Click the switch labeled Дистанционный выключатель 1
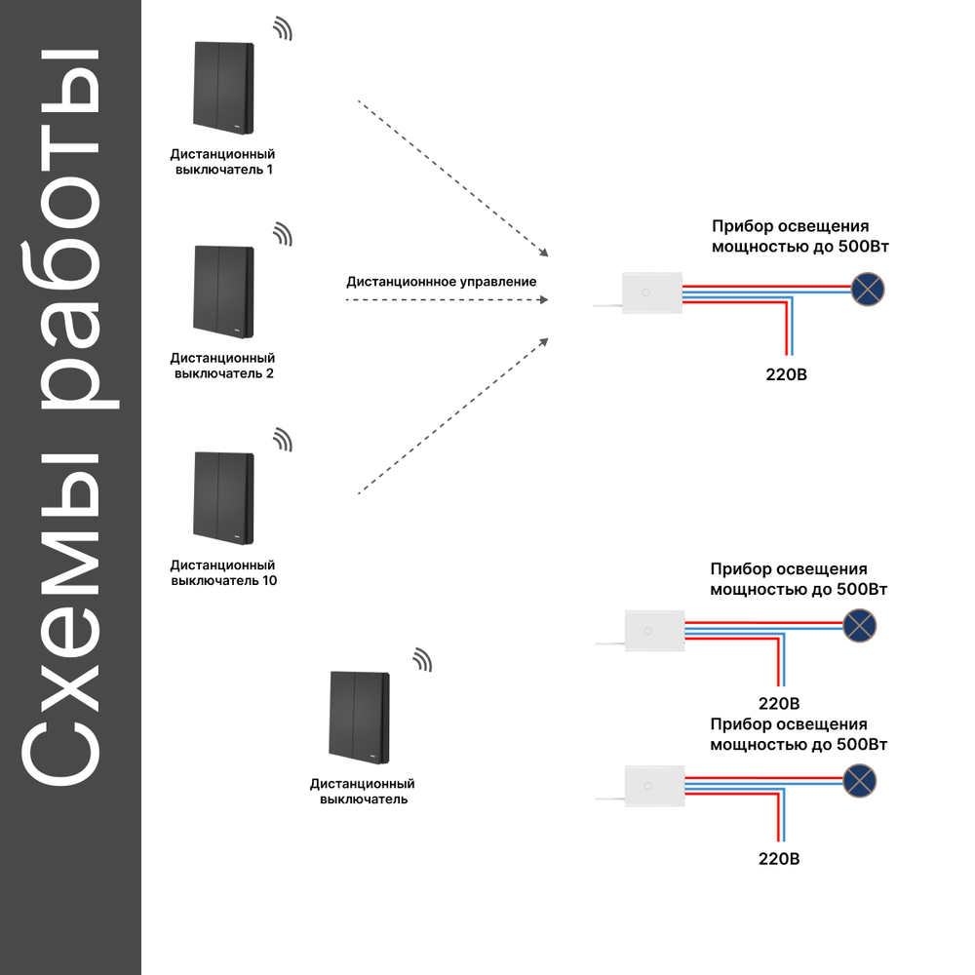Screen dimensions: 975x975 coord(224,88)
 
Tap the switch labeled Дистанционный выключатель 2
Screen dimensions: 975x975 coord(224,292)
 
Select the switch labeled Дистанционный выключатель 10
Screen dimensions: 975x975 coord(224,498)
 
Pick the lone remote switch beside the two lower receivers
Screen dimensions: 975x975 coord(360,718)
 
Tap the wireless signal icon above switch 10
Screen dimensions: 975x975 coord(284,440)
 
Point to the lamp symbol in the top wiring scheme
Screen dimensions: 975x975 coord(868,290)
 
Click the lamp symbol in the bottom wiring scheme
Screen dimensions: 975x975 coord(859,781)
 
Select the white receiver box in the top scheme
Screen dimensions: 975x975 coord(652,292)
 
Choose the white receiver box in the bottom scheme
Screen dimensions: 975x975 coord(654,786)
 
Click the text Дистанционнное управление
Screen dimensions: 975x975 coord(442,282)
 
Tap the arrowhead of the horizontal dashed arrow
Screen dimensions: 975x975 coord(544,299)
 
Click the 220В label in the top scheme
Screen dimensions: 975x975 coord(786,374)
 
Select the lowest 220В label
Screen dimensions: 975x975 coord(778,859)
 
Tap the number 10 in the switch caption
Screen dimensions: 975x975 coord(269,581)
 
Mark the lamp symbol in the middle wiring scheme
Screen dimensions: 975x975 coord(859,626)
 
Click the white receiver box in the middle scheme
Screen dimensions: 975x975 coord(654,631)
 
